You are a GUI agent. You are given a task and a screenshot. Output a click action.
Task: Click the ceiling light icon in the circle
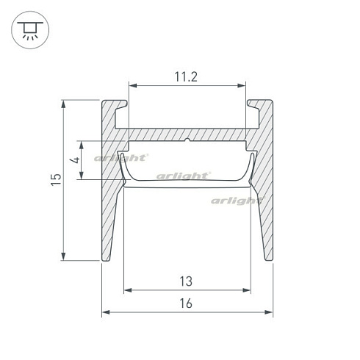point(29,29)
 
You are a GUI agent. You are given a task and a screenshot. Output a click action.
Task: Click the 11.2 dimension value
point(187,76)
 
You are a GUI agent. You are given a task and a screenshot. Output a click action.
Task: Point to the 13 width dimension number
point(187,280)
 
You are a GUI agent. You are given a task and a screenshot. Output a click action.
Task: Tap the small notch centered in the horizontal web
point(188,139)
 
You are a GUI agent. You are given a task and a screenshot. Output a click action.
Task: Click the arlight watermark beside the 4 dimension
point(123,156)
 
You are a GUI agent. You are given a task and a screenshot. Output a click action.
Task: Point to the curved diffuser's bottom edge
point(187,186)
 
